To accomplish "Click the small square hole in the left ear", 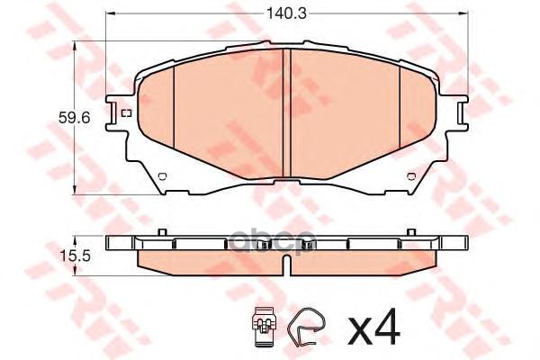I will click(x=125, y=112).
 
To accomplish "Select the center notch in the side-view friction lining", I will click(x=285, y=263).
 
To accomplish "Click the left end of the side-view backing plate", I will click(x=111, y=243).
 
